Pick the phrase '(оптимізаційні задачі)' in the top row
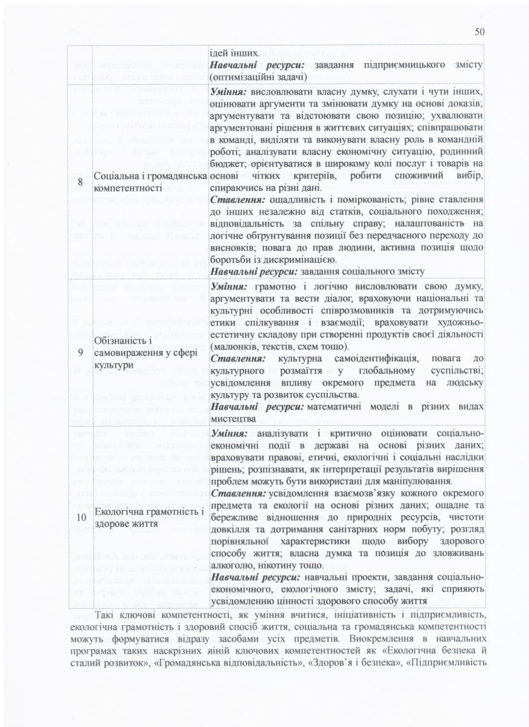pyautogui.click(x=259, y=77)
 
